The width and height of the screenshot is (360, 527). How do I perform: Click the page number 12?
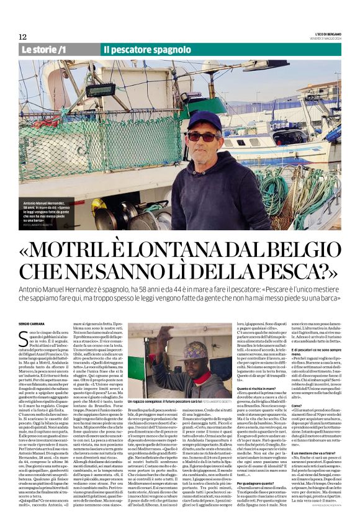point(22,37)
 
